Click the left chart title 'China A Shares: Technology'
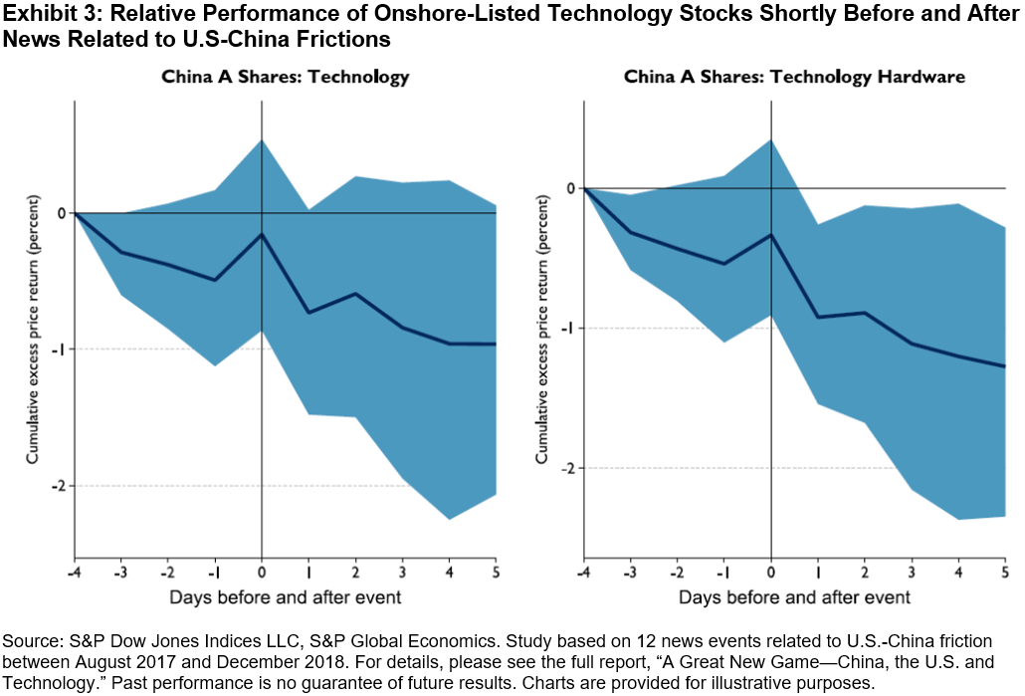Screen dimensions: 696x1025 (x=286, y=77)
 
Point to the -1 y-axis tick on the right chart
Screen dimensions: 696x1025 (x=568, y=329)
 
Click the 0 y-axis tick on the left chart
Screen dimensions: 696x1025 (x=62, y=213)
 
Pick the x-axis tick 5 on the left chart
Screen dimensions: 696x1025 (x=495, y=573)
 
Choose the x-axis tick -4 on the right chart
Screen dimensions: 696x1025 (x=584, y=573)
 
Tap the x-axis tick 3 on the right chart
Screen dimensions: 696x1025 (x=912, y=573)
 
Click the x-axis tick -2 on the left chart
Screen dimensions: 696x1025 (x=167, y=573)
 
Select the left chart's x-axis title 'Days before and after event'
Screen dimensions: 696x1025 (x=286, y=597)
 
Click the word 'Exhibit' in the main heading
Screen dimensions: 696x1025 (x=32, y=14)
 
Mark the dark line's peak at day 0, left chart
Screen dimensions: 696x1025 (x=262, y=234)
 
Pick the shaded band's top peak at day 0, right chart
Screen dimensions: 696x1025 (x=771, y=139)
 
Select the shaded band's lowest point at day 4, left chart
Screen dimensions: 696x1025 (x=449, y=519)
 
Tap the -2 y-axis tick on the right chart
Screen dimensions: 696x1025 (x=568, y=468)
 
